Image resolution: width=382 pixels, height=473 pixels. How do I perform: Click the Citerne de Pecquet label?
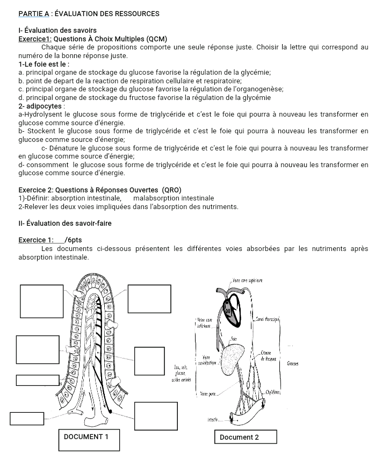point(268,355)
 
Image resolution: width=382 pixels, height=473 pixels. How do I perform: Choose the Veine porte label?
point(208,393)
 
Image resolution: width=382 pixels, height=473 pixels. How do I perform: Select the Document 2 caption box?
point(245,437)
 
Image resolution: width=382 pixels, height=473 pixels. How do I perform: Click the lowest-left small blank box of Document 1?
point(27,418)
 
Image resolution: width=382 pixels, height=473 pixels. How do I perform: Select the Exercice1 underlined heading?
point(34,39)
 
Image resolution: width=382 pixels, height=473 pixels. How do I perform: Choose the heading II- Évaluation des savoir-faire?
point(65,223)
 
